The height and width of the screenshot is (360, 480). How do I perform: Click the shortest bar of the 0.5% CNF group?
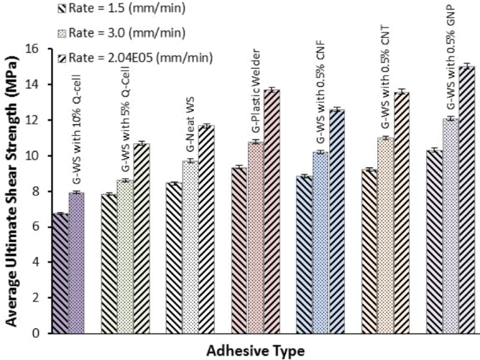pyautogui.click(x=304, y=254)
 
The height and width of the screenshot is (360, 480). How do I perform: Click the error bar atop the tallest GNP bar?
pyautogui.click(x=467, y=66)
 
